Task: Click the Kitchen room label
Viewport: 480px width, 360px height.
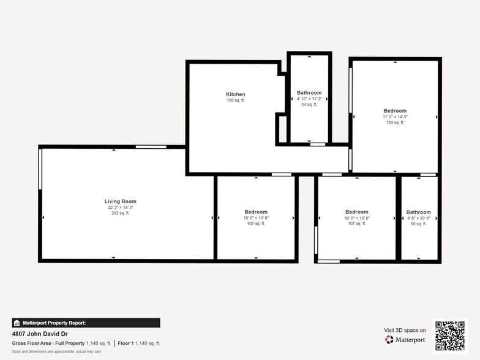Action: coord(235,94)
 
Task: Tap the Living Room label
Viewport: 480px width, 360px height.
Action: coord(120,201)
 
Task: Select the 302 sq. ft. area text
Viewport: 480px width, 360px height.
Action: coord(120,213)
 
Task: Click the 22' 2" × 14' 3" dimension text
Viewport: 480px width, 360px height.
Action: coord(120,208)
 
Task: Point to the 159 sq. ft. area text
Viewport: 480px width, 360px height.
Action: coord(395,122)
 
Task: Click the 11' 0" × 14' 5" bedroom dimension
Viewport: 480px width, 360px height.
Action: coord(395,117)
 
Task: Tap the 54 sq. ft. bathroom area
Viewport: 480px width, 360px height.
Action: coord(309,105)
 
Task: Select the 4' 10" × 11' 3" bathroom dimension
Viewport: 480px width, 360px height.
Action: coord(309,99)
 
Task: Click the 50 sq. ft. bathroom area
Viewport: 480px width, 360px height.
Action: coord(419,224)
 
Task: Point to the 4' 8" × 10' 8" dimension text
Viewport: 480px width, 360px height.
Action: coord(419,219)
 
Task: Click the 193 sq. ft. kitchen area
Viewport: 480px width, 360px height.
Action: coord(235,100)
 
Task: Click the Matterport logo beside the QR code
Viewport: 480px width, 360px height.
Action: coord(406,339)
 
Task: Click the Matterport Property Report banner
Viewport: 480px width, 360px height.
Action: coord(86,323)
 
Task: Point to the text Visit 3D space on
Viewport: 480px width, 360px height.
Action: coord(405,330)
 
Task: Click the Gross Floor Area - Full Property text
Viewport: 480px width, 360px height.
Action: coord(48,343)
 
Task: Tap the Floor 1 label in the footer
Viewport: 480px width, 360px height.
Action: coord(127,343)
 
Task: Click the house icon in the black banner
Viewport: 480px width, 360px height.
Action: coord(17,323)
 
